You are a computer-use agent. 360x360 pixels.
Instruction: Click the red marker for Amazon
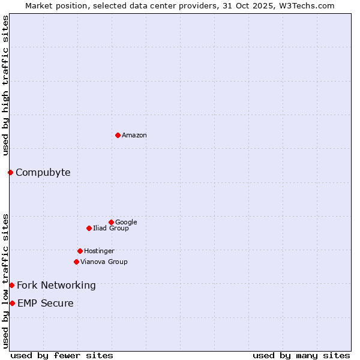click(118, 135)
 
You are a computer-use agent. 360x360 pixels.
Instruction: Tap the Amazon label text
click(134, 136)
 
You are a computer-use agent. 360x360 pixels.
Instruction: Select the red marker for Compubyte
click(10, 173)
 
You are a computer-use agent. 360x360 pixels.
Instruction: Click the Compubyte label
click(43, 173)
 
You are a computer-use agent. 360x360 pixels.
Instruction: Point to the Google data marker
click(111, 222)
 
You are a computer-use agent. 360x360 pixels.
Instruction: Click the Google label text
click(126, 222)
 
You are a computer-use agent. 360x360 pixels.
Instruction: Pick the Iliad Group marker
click(89, 228)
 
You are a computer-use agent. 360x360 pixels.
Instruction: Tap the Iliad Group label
click(110, 228)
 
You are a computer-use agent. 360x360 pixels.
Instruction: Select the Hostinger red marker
click(80, 251)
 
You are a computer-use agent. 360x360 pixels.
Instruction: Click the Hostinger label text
click(99, 251)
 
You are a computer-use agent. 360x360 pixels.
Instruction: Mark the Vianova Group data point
click(76, 262)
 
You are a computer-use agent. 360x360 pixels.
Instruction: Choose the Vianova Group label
click(104, 262)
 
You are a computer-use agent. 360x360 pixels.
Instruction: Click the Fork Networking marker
click(11, 285)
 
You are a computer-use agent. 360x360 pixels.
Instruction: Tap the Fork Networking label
click(56, 286)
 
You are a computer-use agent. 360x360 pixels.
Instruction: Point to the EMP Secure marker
click(12, 303)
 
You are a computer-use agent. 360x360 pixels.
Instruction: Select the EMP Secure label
click(45, 304)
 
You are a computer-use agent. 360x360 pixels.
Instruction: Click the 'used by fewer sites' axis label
click(62, 355)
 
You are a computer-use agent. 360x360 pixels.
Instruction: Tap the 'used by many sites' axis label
click(301, 355)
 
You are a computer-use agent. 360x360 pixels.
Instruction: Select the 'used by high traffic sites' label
click(5, 85)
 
